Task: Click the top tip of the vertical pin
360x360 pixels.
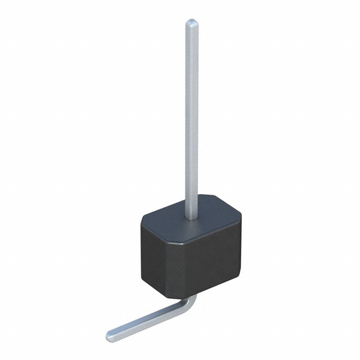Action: [x=192, y=22]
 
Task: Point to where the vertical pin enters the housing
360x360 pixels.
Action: [x=191, y=218]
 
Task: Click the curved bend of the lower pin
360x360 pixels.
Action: [x=190, y=304]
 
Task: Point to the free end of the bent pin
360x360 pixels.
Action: [x=111, y=336]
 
